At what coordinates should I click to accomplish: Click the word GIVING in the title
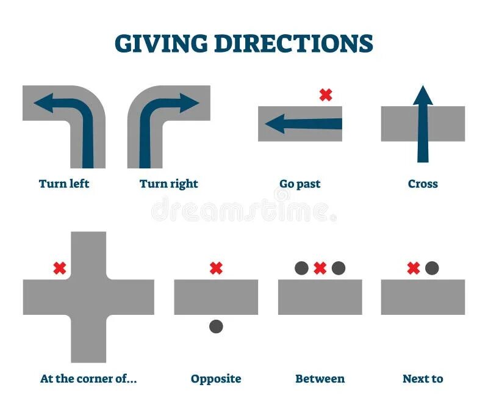pos(159,43)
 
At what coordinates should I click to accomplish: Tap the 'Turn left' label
pos(64,184)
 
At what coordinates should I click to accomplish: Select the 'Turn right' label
pos(169,184)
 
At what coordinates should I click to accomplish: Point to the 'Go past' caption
pos(300,184)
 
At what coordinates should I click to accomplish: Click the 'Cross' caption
pos(423,184)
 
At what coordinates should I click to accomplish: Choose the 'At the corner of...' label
pos(88,379)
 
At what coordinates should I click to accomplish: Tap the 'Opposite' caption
pos(216,379)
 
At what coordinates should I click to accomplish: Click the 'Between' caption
pos(320,379)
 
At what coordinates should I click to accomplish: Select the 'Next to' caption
pos(423,379)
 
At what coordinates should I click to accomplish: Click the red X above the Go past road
pos(326,95)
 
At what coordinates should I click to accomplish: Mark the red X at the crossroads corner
pos(59,268)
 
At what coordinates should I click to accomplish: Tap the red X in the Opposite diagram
pos(216,268)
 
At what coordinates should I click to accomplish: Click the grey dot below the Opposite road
pos(216,326)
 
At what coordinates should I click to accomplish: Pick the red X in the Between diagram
pos(320,268)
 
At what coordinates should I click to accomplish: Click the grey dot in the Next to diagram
pos(432,268)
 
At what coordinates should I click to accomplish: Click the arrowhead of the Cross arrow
pos(423,96)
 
